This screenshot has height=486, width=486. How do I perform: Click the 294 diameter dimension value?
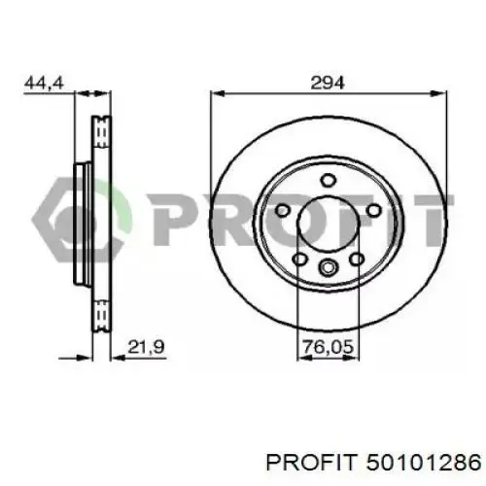[x=328, y=84]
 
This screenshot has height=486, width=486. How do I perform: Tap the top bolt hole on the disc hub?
[x=328, y=179]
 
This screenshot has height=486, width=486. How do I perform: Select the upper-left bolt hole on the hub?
[x=283, y=212]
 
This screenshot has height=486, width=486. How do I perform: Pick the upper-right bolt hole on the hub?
[x=372, y=212]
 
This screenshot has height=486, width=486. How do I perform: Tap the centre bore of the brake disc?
[x=328, y=226]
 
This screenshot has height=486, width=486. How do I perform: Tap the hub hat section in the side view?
[x=82, y=226]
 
